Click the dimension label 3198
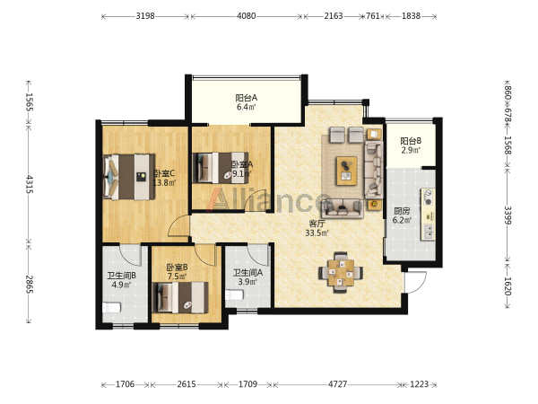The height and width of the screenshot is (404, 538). click(x=145, y=16)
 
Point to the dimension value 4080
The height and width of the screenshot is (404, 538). click(x=246, y=16)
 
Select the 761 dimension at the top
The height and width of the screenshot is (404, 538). click(x=373, y=16)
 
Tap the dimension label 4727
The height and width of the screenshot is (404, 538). click(x=338, y=384)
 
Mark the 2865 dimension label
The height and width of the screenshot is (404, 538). click(x=30, y=284)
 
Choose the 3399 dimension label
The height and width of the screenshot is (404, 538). click(x=508, y=215)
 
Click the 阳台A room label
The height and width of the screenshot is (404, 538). click(x=246, y=98)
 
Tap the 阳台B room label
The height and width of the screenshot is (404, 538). click(x=411, y=141)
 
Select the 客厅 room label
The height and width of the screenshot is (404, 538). click(x=317, y=224)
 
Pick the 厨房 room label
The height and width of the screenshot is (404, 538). click(x=402, y=211)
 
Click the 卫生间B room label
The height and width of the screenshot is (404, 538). click(x=121, y=276)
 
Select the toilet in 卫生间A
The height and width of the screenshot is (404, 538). click(x=235, y=294)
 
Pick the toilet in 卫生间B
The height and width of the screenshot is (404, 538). click(x=111, y=307)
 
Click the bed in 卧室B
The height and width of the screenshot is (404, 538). click(x=180, y=297)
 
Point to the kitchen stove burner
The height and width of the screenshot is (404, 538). click(x=429, y=193)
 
